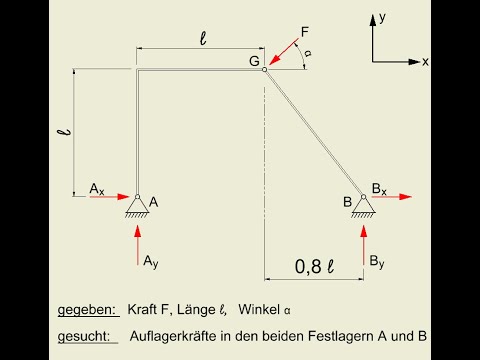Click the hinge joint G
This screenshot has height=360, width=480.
265,69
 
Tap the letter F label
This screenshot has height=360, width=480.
305,33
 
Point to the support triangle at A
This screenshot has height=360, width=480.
137,205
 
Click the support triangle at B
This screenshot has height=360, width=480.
363,205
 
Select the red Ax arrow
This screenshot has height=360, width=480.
109,197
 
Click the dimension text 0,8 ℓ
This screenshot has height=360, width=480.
313,266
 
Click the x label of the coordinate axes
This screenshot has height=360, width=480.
425,62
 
